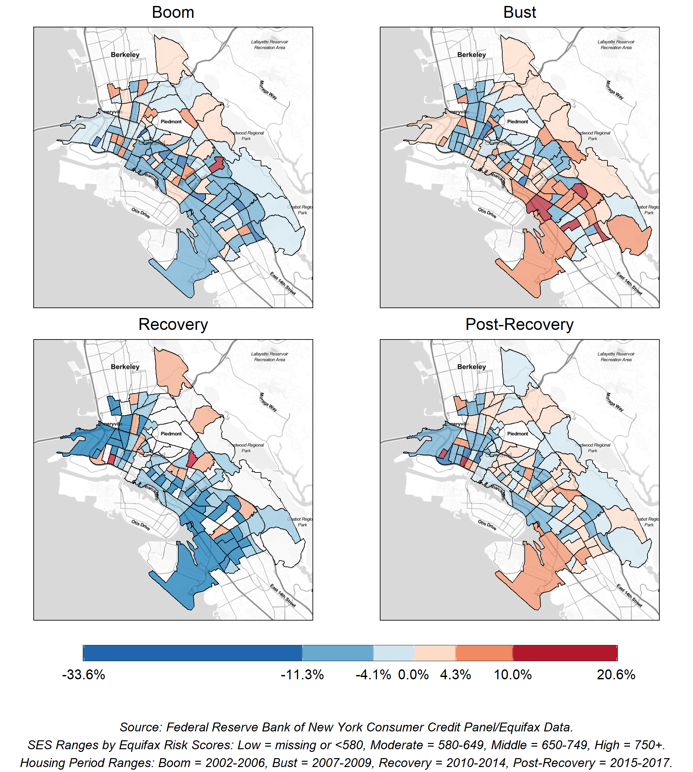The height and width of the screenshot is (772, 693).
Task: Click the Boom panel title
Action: pyautogui.click(x=173, y=12)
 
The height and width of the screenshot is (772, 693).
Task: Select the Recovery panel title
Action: pyautogui.click(x=173, y=324)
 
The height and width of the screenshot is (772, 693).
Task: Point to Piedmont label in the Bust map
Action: pyautogui.click(x=517, y=122)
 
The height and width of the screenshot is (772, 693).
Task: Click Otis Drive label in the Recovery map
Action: pyautogui.click(x=141, y=525)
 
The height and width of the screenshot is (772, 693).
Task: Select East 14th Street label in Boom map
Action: pyautogui.click(x=282, y=283)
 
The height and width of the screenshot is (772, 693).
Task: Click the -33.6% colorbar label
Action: pyautogui.click(x=83, y=675)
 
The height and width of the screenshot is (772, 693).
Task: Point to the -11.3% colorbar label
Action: pyautogui.click(x=302, y=675)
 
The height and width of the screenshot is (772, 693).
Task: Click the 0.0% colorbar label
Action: pyautogui.click(x=413, y=675)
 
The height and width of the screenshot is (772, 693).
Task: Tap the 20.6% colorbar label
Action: pyautogui.click(x=616, y=675)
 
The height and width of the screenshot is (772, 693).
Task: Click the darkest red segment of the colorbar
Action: pyautogui.click(x=565, y=653)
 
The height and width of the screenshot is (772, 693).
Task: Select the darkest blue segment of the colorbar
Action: pyautogui.click(x=192, y=653)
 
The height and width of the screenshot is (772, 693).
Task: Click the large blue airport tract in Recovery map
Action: pyautogui.click(x=183, y=575)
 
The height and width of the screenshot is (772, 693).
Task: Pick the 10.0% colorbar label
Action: pyautogui.click(x=512, y=675)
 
